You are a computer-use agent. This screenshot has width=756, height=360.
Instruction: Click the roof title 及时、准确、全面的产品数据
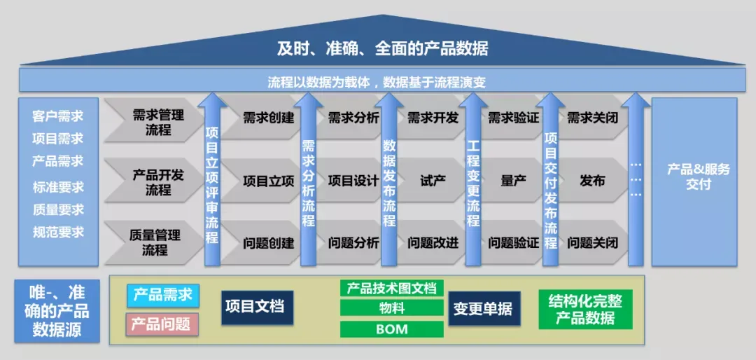click(382, 49)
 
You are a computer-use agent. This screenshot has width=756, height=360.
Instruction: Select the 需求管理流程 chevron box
click(153, 120)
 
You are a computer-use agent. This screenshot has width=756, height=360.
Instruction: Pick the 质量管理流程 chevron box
click(153, 242)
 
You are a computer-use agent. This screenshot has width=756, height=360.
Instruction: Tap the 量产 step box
click(513, 181)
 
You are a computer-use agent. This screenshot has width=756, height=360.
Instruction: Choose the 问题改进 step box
click(432, 242)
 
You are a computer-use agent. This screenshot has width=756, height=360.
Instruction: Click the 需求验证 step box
click(513, 118)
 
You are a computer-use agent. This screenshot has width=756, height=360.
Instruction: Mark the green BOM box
click(391, 329)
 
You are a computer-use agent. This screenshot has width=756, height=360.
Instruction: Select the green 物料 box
click(391, 308)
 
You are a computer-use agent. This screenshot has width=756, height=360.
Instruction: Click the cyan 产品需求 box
click(163, 296)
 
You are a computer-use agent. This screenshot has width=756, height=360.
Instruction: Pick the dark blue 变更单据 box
click(484, 308)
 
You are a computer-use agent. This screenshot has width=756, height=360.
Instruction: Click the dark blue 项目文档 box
click(257, 307)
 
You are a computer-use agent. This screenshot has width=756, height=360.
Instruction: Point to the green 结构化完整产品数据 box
click(585, 310)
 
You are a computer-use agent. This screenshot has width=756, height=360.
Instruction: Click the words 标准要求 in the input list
click(58, 187)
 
